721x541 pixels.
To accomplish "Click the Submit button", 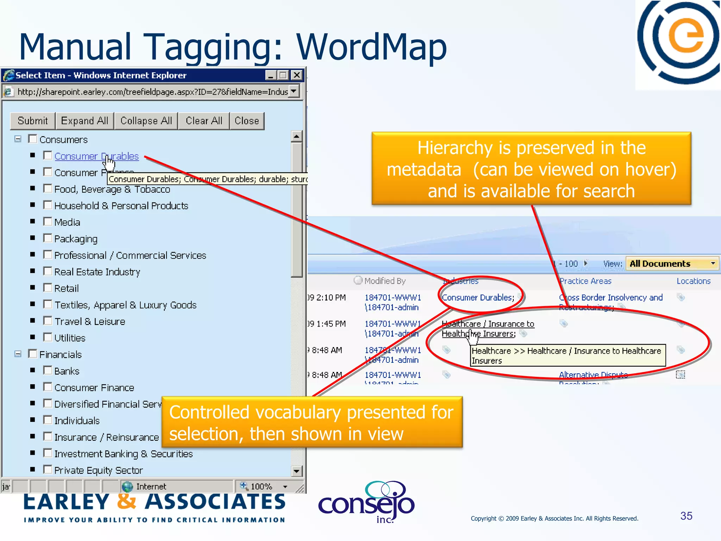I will (x=32, y=121).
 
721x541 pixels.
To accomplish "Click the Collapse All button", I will (x=146, y=121).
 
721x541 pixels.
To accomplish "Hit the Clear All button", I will (x=204, y=121).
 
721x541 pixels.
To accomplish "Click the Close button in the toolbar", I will (x=247, y=121).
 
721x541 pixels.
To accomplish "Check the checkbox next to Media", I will (x=48, y=222).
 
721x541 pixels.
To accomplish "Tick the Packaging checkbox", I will (x=48, y=238).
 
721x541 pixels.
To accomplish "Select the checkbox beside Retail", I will (x=48, y=288).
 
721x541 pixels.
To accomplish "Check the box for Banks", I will (x=48, y=370).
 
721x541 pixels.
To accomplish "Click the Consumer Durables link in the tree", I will (x=96, y=156).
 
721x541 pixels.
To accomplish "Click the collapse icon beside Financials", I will (x=18, y=354).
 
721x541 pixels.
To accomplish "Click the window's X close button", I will (x=297, y=75).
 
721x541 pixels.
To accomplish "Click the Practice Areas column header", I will (x=585, y=281).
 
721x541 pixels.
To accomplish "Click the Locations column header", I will (x=693, y=281).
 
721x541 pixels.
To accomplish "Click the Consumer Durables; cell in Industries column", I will (x=478, y=298).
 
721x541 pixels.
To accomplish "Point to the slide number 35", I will (x=686, y=516).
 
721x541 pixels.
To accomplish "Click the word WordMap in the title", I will (x=371, y=47).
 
